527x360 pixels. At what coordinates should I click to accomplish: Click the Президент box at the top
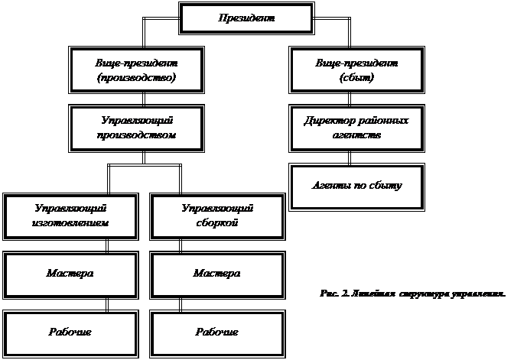click(x=246, y=18)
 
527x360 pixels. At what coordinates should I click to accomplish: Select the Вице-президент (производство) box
click(x=136, y=70)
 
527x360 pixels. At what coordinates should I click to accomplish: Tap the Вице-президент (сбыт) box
click(x=356, y=70)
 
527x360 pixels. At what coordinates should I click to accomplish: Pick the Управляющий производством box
click(x=136, y=128)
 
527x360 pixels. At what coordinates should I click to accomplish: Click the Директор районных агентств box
click(x=356, y=128)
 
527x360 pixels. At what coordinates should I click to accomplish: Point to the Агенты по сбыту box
click(x=356, y=186)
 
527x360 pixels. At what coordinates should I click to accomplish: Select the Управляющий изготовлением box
click(x=70, y=216)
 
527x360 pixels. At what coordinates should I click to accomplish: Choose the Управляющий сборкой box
click(x=217, y=216)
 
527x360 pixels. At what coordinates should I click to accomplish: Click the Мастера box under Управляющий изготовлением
click(x=70, y=274)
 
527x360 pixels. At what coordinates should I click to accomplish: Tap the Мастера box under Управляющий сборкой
click(x=217, y=274)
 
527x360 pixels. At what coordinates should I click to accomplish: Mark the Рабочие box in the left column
click(x=70, y=332)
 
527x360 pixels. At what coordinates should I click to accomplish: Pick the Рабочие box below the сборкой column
click(x=217, y=332)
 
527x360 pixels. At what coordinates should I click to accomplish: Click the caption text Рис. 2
click(x=333, y=293)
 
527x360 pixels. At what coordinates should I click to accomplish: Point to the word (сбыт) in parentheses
click(x=356, y=77)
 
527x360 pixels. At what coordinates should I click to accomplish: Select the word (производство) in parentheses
click(x=136, y=77)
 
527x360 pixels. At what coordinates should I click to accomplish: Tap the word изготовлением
click(x=70, y=224)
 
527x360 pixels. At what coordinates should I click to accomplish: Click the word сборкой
click(x=217, y=224)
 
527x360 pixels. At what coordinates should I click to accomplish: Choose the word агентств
click(x=356, y=135)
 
